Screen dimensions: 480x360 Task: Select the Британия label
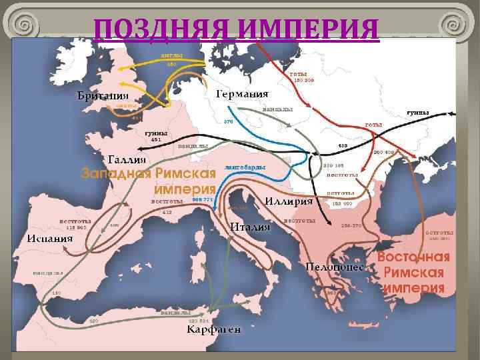coord(102,97)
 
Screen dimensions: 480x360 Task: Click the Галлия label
coord(128,159)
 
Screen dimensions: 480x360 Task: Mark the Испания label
coord(50,239)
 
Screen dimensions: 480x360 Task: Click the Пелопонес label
coord(334,267)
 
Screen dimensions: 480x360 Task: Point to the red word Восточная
coord(413,257)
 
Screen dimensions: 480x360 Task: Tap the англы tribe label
coord(171,55)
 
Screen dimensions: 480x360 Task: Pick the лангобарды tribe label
coord(246,167)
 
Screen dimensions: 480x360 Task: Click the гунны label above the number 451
coord(157,132)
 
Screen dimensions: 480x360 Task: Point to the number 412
coord(168,211)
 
